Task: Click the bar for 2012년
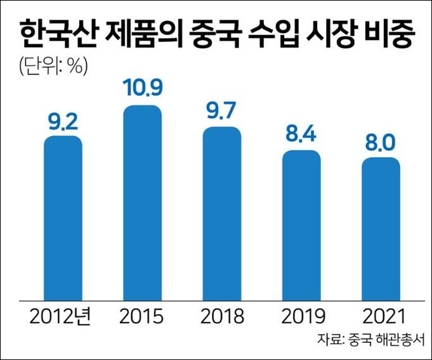click(63, 217)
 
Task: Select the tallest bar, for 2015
click(142, 202)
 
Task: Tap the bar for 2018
click(221, 213)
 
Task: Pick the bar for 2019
click(301, 225)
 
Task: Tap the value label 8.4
click(301, 136)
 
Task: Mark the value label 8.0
click(381, 143)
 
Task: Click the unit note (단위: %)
click(51, 65)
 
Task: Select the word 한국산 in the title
click(54, 34)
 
